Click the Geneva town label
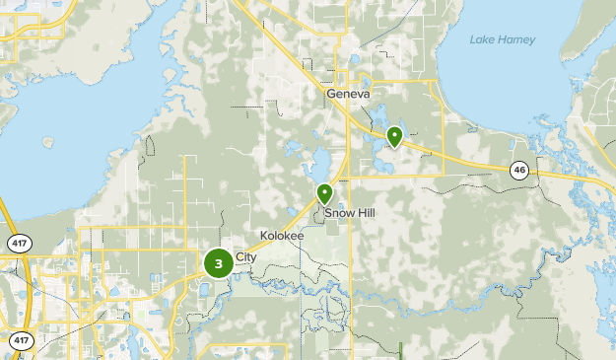(348, 94)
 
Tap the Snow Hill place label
(350, 212)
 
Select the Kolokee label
(282, 236)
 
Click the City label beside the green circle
(245, 257)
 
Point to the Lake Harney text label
(503, 39)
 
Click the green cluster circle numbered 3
(219, 263)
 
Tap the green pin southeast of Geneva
(394, 136)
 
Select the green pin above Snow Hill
(324, 193)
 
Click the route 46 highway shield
(519, 171)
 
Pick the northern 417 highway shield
(17, 242)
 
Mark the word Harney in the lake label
(516, 39)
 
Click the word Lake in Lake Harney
(483, 39)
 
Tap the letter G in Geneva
(330, 94)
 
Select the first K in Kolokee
(263, 236)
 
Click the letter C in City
(239, 257)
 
